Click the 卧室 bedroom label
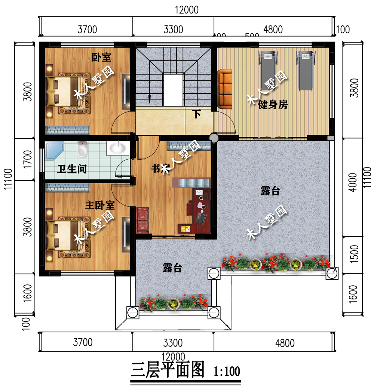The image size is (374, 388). pos(102,57)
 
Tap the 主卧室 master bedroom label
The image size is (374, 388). pos(100,205)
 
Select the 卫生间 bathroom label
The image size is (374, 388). pos(72,169)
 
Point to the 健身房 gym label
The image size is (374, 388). pos(273,105)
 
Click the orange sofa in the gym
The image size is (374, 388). pos(225,89)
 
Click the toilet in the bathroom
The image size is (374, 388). pos(82,150)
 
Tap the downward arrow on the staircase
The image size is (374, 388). pos(150,98)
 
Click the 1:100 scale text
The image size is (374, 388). pos(227,372)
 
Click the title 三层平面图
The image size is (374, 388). pos(168,370)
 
